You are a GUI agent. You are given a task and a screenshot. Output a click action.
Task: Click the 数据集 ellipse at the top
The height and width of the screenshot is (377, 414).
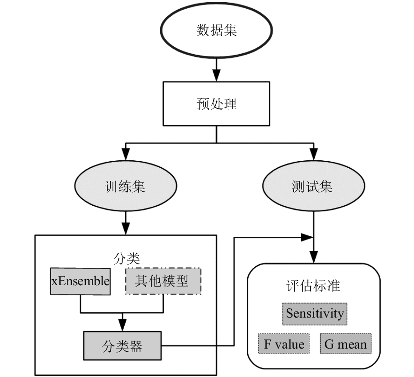(x=216, y=30)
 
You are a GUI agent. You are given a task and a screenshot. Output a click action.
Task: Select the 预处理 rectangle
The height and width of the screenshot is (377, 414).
(x=216, y=104)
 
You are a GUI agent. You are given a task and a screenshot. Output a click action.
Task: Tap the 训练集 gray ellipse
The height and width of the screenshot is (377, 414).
(x=126, y=186)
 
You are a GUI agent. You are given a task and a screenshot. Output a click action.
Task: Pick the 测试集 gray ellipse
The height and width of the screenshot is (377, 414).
(x=314, y=186)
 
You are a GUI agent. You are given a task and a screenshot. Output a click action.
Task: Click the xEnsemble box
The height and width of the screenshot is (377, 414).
(x=80, y=281)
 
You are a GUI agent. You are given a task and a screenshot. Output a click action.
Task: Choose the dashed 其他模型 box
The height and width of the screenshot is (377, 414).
(x=163, y=281)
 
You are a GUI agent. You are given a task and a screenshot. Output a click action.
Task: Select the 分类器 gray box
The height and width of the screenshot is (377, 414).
(x=122, y=346)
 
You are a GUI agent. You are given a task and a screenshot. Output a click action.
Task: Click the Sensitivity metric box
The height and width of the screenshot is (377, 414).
(x=315, y=314)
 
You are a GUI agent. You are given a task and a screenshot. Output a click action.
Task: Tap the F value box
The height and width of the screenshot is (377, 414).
(x=284, y=343)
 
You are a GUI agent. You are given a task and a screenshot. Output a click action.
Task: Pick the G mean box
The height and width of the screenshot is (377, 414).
(x=346, y=343)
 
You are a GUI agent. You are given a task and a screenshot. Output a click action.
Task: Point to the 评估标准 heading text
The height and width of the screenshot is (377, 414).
(x=313, y=286)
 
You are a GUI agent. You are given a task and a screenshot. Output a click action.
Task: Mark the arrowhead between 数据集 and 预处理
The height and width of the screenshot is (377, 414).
(x=217, y=76)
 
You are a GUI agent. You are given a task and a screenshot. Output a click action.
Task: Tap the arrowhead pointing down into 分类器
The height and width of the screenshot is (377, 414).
(x=122, y=325)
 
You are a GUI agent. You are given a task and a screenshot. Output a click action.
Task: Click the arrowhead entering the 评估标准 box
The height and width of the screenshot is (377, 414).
(x=314, y=257)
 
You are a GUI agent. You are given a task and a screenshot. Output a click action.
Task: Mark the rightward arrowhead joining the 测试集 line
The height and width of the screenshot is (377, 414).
(x=307, y=237)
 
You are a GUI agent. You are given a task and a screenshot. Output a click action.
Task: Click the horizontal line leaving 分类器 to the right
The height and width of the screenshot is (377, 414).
(x=198, y=346)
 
